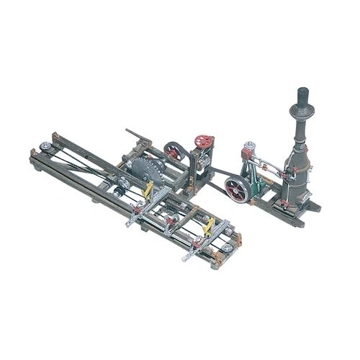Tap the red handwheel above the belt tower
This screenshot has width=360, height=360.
click(x=204, y=141)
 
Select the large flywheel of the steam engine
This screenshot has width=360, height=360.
click(x=236, y=189)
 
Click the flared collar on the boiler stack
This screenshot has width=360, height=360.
click(x=302, y=112)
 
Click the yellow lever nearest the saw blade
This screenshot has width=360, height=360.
click(x=148, y=191)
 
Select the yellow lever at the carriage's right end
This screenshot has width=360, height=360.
click(x=209, y=226)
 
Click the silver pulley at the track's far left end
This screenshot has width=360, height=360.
click(x=45, y=147)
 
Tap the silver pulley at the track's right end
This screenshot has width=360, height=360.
click(x=228, y=248)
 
